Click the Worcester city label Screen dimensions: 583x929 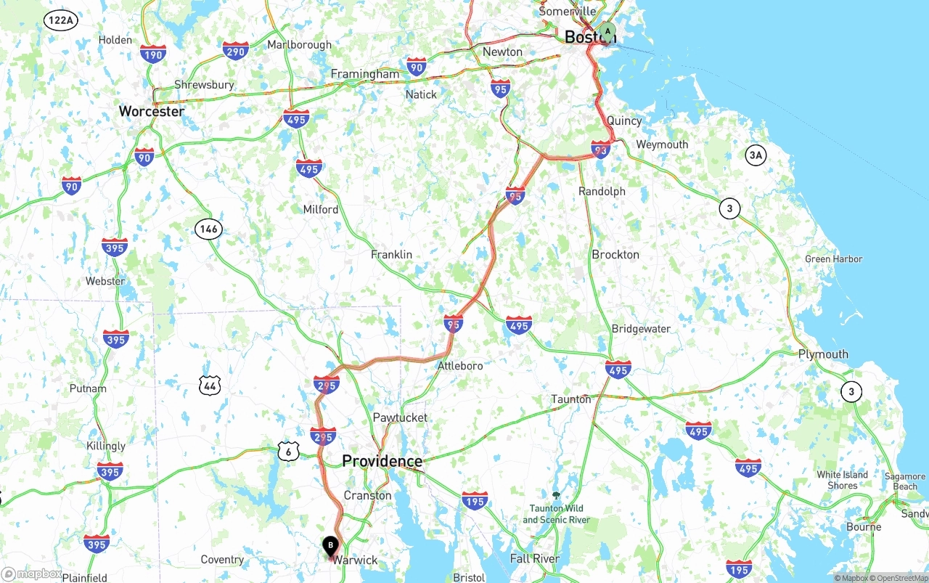pos(152,111)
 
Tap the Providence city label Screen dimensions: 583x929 pos(382,461)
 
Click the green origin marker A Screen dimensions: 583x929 pos(607,32)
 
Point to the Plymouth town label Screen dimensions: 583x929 pos(823,354)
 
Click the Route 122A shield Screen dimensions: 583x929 pos(60,20)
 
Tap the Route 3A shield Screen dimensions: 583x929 pos(756,155)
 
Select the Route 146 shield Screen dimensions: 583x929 pos(208,229)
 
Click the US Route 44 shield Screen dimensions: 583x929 pos(210,386)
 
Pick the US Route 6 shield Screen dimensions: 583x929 pos(288,452)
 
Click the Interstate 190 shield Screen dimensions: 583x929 pos(153,54)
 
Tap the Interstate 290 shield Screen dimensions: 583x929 pos(235,51)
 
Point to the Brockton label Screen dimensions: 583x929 pos(615,255)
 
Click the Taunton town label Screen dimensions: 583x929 pos(570,399)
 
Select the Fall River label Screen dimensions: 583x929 pos(534,558)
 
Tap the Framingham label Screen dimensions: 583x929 pos(364,74)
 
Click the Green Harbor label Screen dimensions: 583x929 pos(833,259)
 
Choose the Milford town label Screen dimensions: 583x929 pos(320,209)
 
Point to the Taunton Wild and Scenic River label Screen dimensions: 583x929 pos(555,513)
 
